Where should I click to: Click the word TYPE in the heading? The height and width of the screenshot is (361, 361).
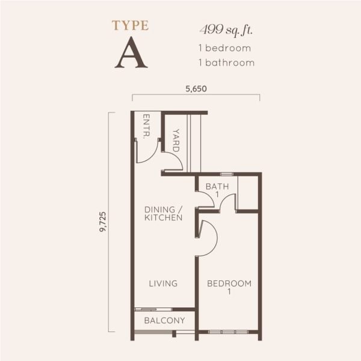coord(131,25)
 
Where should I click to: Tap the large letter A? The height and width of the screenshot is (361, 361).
coord(131,52)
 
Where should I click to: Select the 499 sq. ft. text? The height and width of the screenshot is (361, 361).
coord(226,30)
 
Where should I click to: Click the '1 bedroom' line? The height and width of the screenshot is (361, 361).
coord(224,48)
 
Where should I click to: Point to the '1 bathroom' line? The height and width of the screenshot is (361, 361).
coord(227,63)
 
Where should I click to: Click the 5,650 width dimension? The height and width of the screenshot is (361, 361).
coord(196,89)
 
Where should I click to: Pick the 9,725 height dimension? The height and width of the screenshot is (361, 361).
coord(103,221)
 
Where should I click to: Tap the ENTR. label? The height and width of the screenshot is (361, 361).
coord(147,126)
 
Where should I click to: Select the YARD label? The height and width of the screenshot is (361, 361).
coord(176,140)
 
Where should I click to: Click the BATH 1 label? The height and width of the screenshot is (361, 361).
coord(217,190)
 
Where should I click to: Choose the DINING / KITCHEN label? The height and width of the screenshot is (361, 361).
coord(164,214)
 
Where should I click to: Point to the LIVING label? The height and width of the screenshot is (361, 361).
coord(163,283)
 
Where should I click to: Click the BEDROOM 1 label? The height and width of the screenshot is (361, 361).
coord(229,287)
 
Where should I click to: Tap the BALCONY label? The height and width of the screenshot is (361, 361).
coord(165,321)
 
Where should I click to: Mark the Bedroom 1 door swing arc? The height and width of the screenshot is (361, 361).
coord(213,230)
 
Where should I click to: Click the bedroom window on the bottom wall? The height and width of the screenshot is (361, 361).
coord(228,332)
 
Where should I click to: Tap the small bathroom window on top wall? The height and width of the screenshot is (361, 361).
coord(227,174)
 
